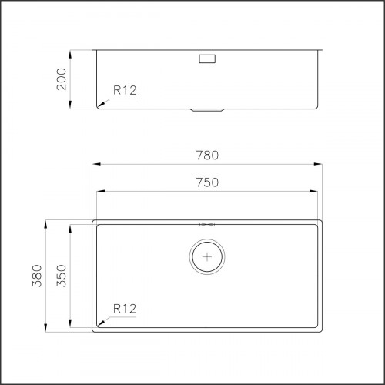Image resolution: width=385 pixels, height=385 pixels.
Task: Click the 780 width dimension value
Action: tap(207, 155)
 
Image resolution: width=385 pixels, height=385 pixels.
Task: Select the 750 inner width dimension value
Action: tap(207, 182)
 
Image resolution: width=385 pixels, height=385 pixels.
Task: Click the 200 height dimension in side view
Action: tap(61, 79)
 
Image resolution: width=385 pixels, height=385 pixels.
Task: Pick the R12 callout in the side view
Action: tap(125, 90)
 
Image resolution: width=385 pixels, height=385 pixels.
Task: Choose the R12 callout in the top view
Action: tap(125, 308)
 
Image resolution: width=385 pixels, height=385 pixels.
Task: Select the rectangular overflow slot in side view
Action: tap(207, 58)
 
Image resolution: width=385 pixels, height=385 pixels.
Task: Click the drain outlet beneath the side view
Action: tap(207, 110)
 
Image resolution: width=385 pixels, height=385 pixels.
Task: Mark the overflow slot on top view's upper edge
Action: tap(206, 224)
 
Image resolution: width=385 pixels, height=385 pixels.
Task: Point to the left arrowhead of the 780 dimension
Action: tap(94, 163)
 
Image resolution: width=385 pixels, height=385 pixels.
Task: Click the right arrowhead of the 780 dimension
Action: tap(320, 163)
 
